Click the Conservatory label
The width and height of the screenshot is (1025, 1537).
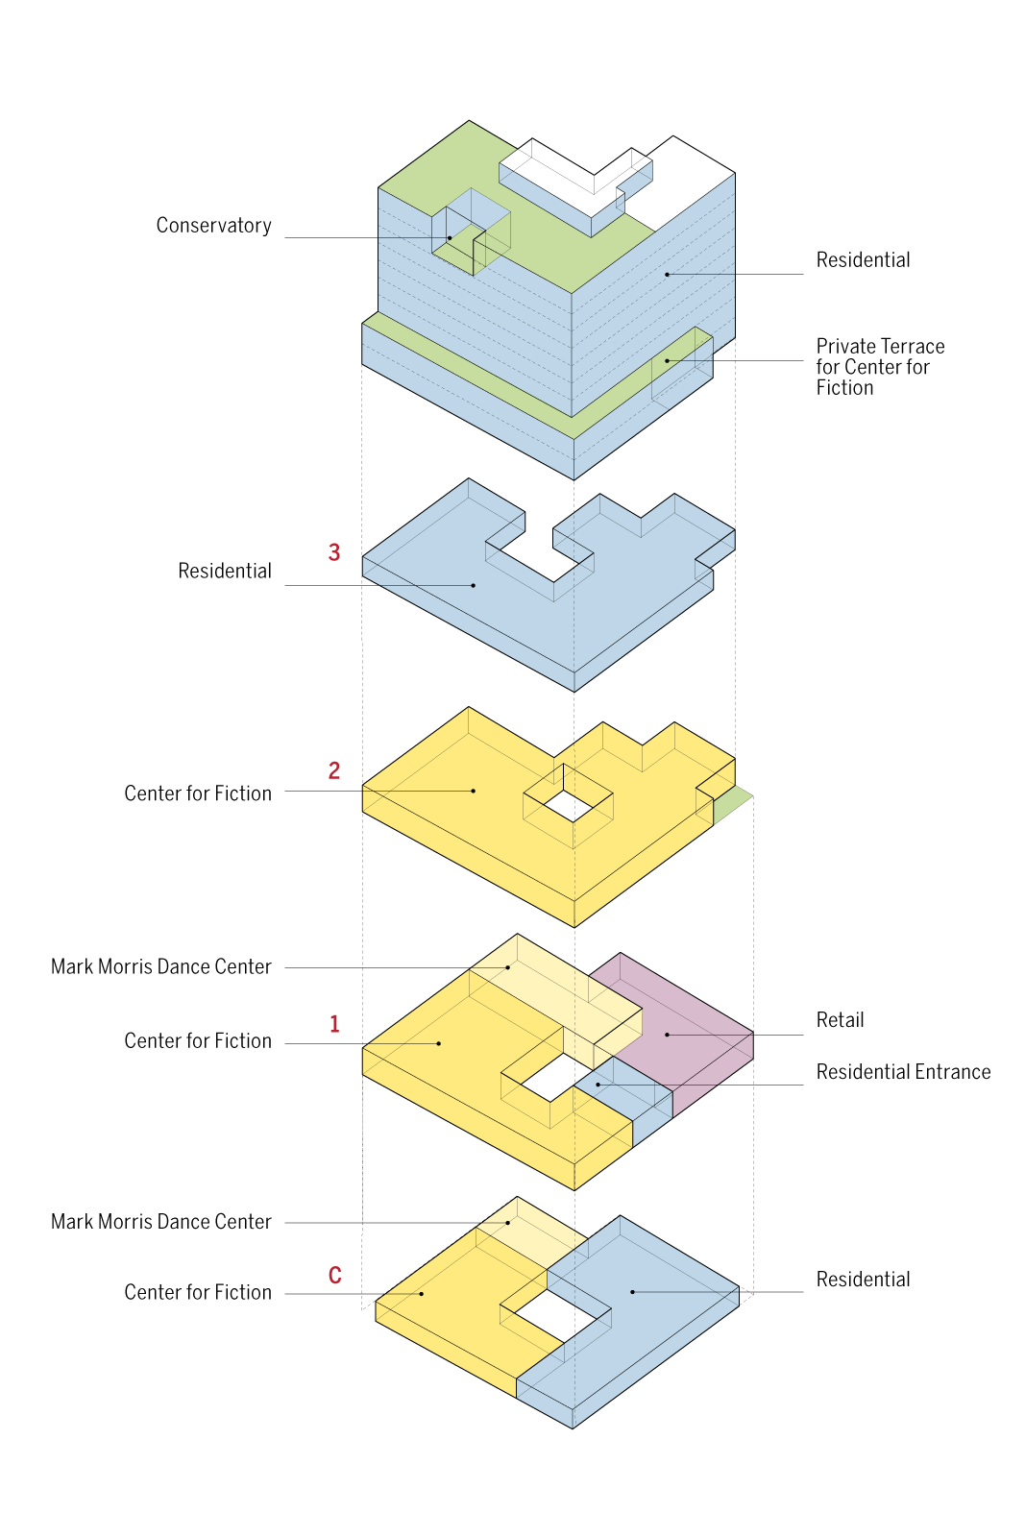click(x=213, y=225)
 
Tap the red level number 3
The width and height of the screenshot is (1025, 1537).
click(x=334, y=551)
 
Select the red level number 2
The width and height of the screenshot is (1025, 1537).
click(x=334, y=770)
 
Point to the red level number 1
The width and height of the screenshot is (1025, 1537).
click(x=335, y=1024)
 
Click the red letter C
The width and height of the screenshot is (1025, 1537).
click(x=335, y=1275)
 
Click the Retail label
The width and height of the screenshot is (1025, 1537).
click(x=840, y=1019)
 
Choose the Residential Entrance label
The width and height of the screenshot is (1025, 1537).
click(x=903, y=1071)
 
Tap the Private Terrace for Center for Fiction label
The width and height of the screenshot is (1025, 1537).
click(x=880, y=366)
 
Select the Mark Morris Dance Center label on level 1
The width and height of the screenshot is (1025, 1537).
click(x=161, y=966)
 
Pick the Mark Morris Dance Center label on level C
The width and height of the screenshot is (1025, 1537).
click(x=161, y=1221)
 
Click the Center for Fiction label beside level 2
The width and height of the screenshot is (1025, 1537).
click(x=198, y=793)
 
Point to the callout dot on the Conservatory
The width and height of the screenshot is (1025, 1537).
click(x=451, y=238)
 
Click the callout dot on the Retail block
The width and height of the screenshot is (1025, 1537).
click(x=667, y=1034)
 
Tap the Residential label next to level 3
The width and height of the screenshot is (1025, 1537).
click(x=225, y=571)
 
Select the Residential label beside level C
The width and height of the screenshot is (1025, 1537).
click(x=863, y=1279)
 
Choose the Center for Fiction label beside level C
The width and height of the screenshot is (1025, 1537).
click(x=198, y=1292)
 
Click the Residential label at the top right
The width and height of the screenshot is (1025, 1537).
click(x=863, y=260)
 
